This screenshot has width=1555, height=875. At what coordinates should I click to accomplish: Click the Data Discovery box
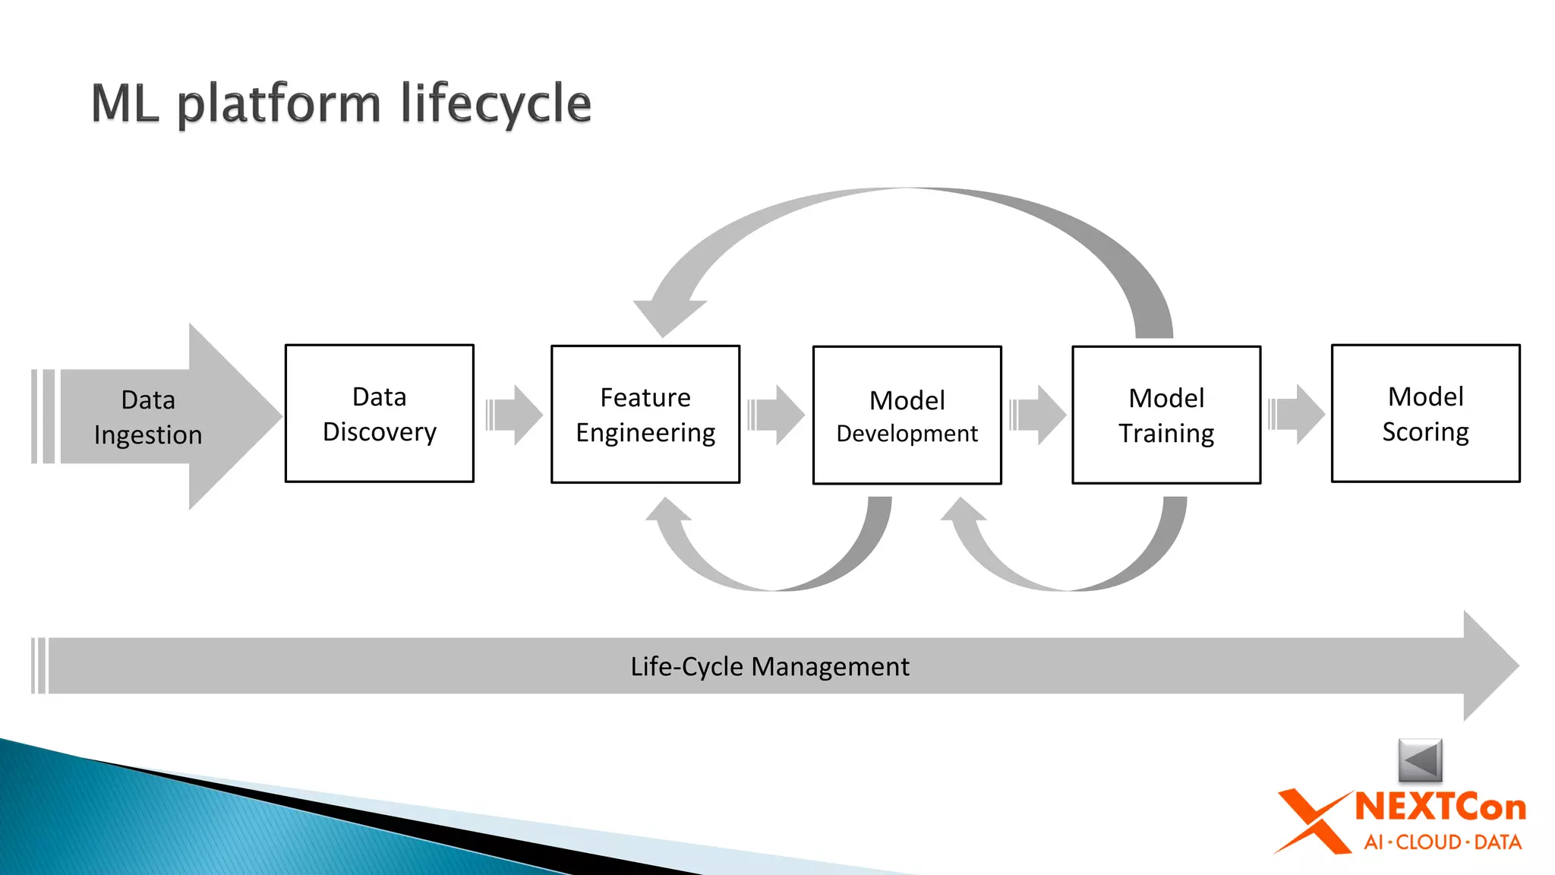379,413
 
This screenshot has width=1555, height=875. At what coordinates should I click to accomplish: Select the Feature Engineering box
645,414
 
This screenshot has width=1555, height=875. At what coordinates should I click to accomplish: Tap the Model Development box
907,415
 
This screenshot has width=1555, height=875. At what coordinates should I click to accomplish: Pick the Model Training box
1166,415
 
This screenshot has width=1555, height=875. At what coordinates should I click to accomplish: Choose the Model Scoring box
1425,413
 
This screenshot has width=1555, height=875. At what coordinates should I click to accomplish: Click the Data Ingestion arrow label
148,417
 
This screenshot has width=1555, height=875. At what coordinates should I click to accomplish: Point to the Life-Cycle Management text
769,666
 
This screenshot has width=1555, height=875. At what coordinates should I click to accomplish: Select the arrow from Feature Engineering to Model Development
777,415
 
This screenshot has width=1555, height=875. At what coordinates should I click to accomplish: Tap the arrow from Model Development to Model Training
1039,415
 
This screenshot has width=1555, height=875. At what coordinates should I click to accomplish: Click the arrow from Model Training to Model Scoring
1298,414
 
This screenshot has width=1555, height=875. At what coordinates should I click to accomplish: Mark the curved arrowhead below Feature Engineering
667,511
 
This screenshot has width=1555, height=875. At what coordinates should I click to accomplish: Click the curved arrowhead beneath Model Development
963,511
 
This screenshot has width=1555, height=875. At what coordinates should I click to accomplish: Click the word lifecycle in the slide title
495,104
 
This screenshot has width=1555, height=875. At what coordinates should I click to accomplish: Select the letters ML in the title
125,104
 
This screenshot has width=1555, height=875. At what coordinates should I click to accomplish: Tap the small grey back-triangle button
1420,760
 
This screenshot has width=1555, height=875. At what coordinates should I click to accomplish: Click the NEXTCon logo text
1440,807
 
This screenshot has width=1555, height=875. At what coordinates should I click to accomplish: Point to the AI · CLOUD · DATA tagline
1442,842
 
